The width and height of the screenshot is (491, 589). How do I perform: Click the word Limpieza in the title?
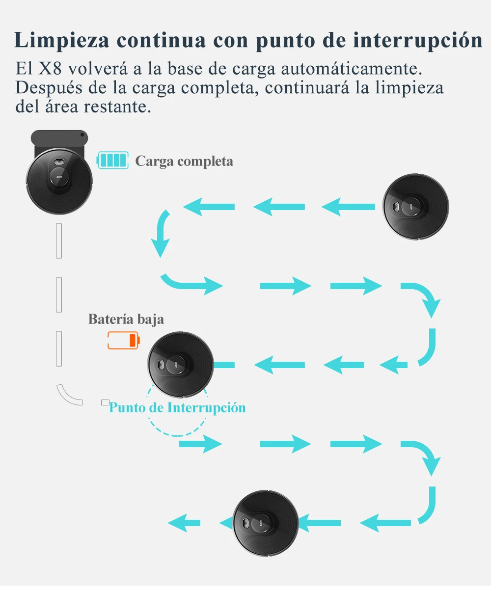61,40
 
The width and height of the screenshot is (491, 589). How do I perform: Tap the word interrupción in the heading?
417,40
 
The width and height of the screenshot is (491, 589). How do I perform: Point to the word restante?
117,107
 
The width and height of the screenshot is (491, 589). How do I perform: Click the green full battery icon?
113,161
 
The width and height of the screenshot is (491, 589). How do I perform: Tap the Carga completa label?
184,161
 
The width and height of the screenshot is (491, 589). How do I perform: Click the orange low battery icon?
124,340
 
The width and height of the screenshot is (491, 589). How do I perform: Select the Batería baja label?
126,319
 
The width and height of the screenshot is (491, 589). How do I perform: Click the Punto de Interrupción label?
177,407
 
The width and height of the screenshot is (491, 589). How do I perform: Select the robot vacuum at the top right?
416,207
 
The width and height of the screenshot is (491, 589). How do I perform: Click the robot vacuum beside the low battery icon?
180,364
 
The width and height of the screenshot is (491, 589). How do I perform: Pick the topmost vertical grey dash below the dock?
59,241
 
